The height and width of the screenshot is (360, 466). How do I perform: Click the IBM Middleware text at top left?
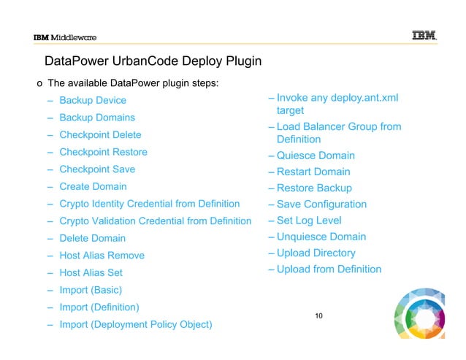click(x=65, y=38)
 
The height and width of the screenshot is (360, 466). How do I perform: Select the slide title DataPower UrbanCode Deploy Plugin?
click(x=153, y=61)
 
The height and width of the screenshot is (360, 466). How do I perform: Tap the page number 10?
click(x=318, y=315)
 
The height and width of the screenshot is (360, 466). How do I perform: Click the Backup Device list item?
click(x=93, y=100)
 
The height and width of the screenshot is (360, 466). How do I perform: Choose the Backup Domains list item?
click(x=97, y=118)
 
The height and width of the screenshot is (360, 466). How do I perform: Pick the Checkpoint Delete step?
click(x=100, y=135)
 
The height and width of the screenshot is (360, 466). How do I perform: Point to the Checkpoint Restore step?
click(x=103, y=152)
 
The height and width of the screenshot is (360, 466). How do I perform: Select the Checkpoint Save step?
click(x=97, y=169)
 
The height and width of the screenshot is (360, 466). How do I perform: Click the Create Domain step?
click(x=93, y=187)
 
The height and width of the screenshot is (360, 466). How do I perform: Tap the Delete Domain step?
click(x=92, y=238)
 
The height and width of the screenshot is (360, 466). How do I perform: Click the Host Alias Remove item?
click(x=102, y=256)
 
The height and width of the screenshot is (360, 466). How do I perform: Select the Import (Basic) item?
click(x=91, y=290)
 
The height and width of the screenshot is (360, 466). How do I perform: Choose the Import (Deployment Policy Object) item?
click(x=136, y=324)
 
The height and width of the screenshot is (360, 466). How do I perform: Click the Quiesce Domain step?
click(x=316, y=156)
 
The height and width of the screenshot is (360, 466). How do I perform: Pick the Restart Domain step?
click(x=313, y=172)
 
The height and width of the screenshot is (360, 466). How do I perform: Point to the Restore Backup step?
click(x=314, y=188)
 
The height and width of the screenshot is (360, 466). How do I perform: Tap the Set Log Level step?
click(x=309, y=221)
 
